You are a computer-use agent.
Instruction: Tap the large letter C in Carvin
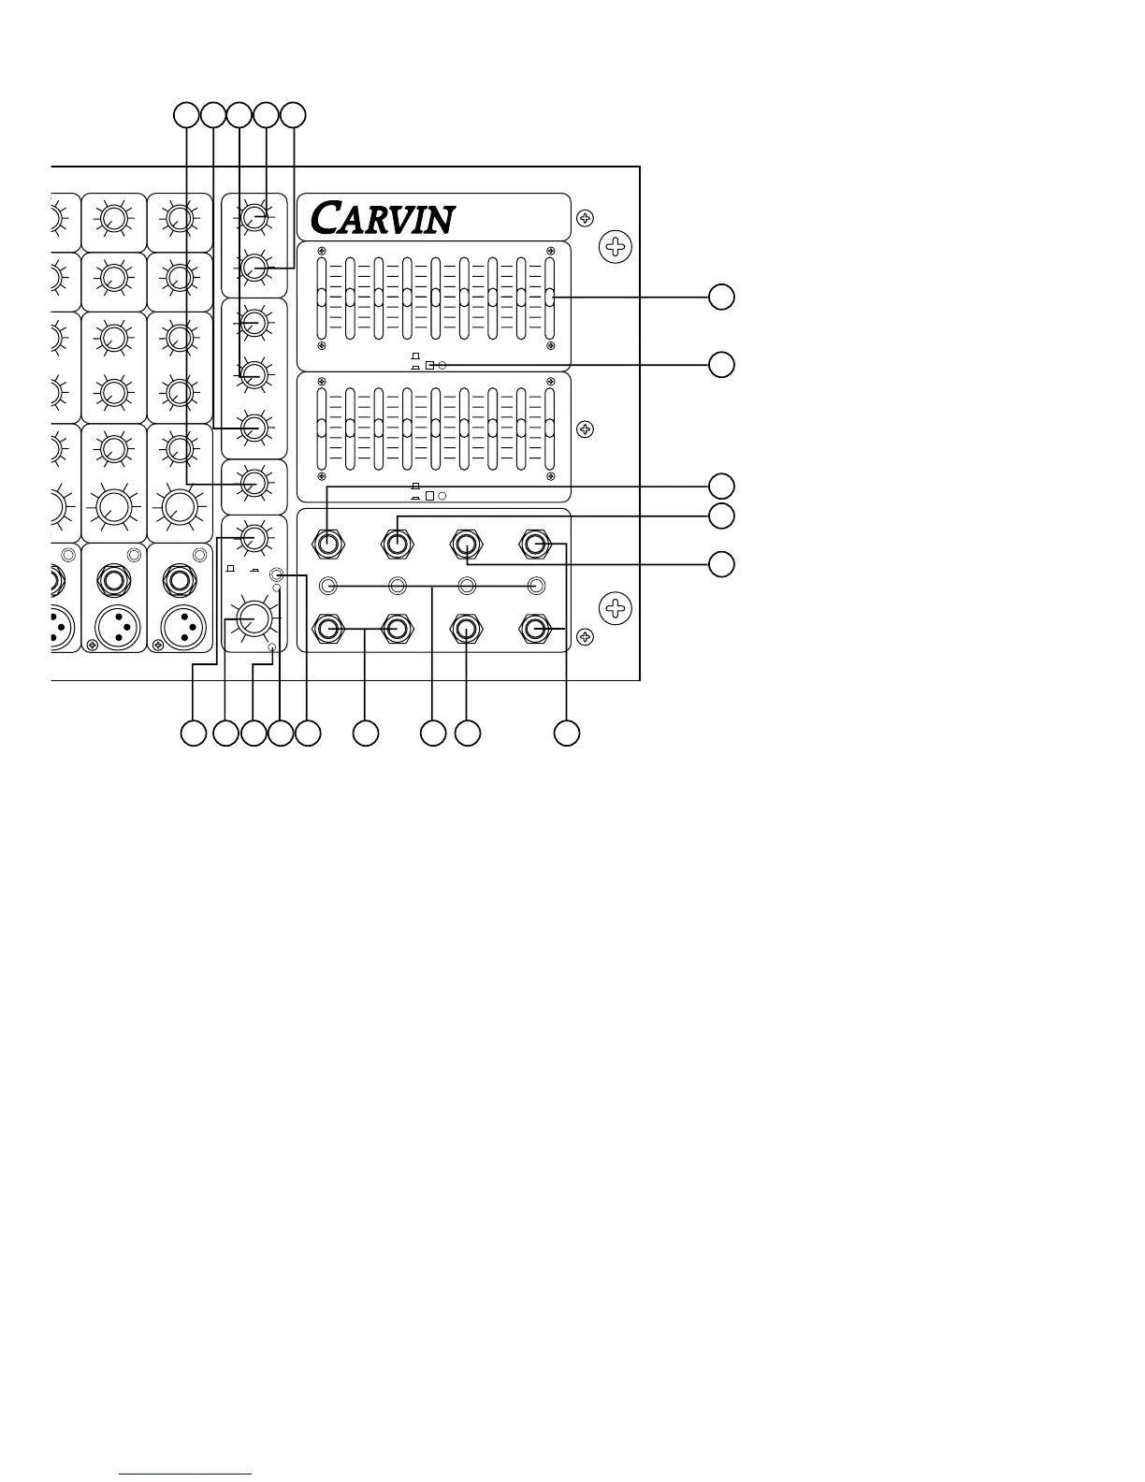[x=325, y=218]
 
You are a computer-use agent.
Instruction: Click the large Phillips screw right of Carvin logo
[x=615, y=247]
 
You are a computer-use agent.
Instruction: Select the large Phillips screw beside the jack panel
[x=615, y=609]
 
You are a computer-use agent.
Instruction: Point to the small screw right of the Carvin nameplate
[x=585, y=218]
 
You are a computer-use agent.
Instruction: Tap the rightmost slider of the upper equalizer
[x=549, y=298]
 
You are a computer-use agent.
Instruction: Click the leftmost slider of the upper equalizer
[x=322, y=298]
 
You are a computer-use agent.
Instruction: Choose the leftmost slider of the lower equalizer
[x=322, y=429]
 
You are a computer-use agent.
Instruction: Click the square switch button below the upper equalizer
[x=429, y=365]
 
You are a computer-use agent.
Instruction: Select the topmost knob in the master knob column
[x=254, y=218]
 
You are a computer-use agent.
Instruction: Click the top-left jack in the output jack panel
[x=328, y=543]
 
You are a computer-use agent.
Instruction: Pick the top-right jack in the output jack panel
[x=536, y=543]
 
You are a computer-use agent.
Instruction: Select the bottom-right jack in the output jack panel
[x=536, y=629]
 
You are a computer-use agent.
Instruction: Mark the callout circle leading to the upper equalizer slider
[x=720, y=298]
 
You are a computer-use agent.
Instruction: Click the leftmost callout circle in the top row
[x=187, y=115]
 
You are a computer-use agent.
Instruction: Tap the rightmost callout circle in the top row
[x=294, y=115]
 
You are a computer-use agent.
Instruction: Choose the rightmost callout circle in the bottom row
[x=566, y=734]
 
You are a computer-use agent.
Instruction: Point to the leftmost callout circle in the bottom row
[x=193, y=734]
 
